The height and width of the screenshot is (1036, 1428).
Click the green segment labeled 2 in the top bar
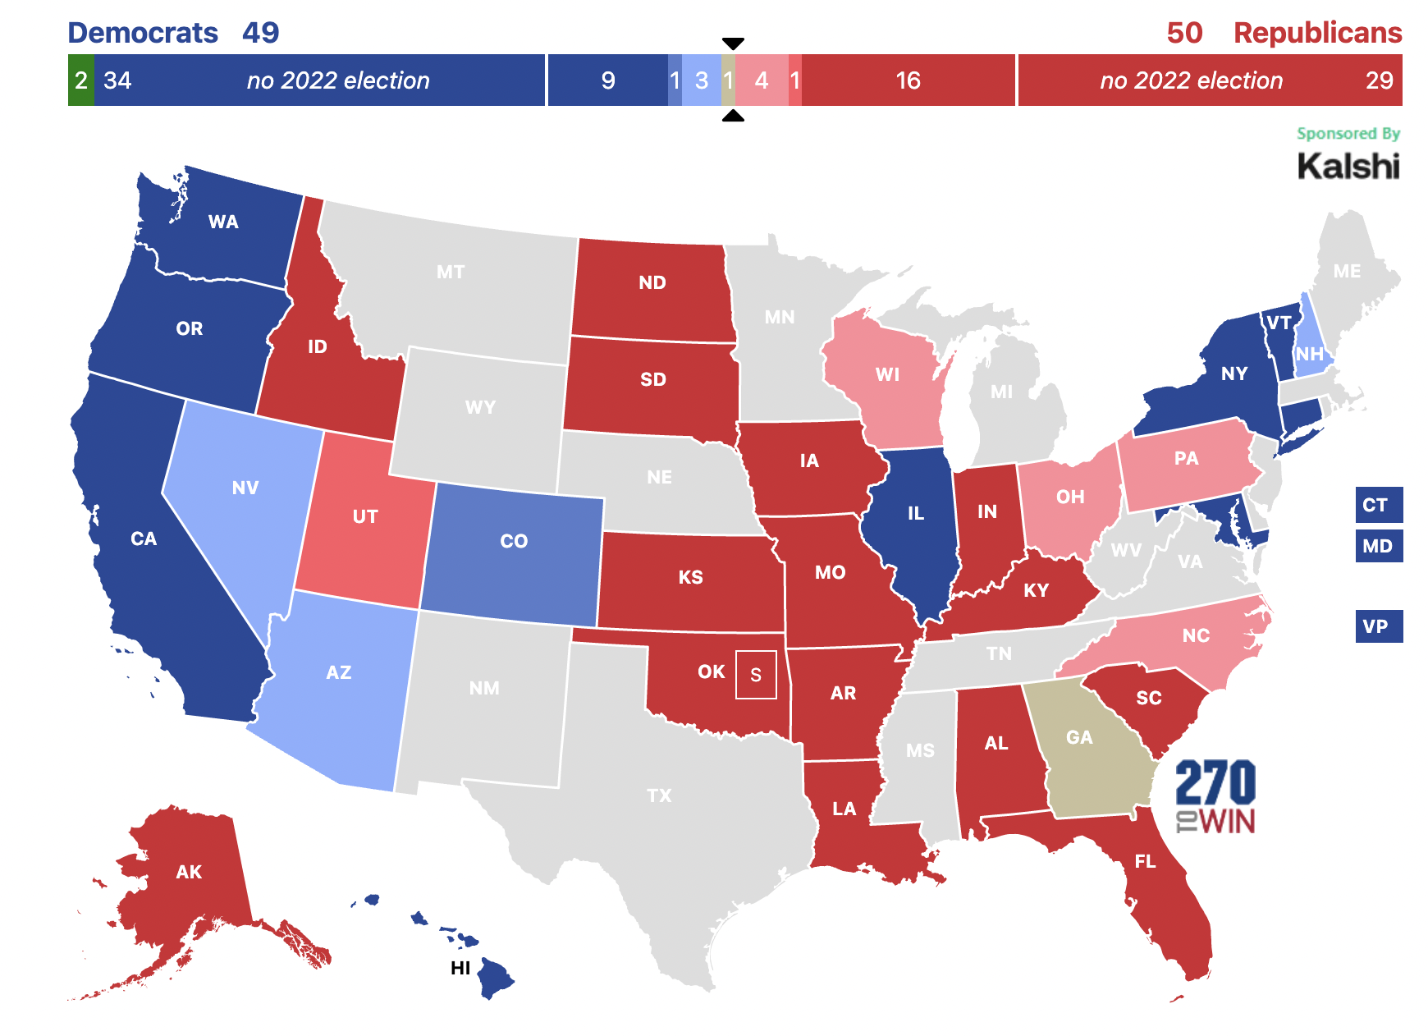click(80, 80)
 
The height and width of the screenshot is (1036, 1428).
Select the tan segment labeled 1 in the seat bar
click(728, 80)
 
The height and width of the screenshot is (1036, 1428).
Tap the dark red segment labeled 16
click(908, 80)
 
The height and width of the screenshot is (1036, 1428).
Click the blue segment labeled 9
click(607, 80)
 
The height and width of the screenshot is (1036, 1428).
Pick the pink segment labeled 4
click(761, 80)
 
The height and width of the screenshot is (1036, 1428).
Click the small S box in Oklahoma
click(756, 675)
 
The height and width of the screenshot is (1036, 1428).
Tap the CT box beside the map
click(1378, 505)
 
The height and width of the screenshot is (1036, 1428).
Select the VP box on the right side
click(1378, 626)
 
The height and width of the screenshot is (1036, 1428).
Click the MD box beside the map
click(1378, 546)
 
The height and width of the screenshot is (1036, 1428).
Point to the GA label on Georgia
click(1079, 737)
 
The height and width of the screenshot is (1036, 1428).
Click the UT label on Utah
click(365, 516)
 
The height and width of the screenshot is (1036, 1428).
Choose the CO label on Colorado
click(514, 541)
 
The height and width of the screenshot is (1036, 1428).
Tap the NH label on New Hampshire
click(1310, 354)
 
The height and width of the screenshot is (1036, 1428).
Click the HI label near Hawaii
click(460, 968)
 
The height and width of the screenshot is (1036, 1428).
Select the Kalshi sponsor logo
click(1348, 166)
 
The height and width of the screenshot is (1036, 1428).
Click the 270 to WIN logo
click(1215, 796)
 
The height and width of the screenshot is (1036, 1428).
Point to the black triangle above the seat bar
click(733, 44)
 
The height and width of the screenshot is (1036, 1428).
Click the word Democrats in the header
click(143, 33)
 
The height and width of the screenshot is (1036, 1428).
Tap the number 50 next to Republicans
click(1184, 33)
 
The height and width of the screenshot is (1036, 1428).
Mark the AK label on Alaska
click(189, 872)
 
